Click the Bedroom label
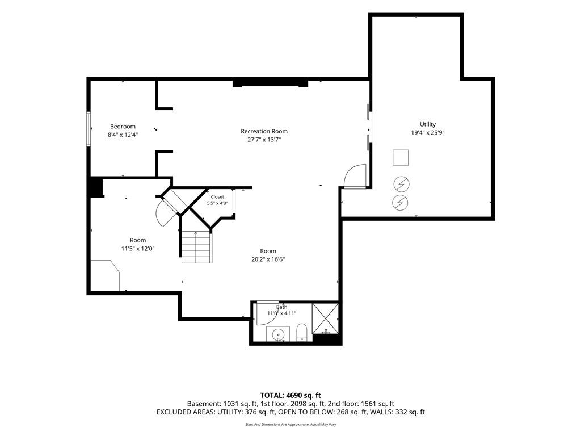tap(123, 127)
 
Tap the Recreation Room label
tap(264, 131)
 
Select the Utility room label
tap(428, 124)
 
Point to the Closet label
tap(217, 197)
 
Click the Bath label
tap(281, 307)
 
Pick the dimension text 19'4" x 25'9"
tap(428, 133)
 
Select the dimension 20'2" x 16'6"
tap(268, 259)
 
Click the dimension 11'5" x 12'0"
tap(138, 249)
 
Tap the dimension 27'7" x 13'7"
tap(264, 140)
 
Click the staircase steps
tap(197, 247)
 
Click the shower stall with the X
tap(325, 318)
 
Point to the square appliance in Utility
tap(401, 158)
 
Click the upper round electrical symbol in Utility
tap(401, 184)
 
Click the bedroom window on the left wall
tap(89, 129)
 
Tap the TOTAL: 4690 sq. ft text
tap(290, 395)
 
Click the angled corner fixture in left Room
tap(105, 275)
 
